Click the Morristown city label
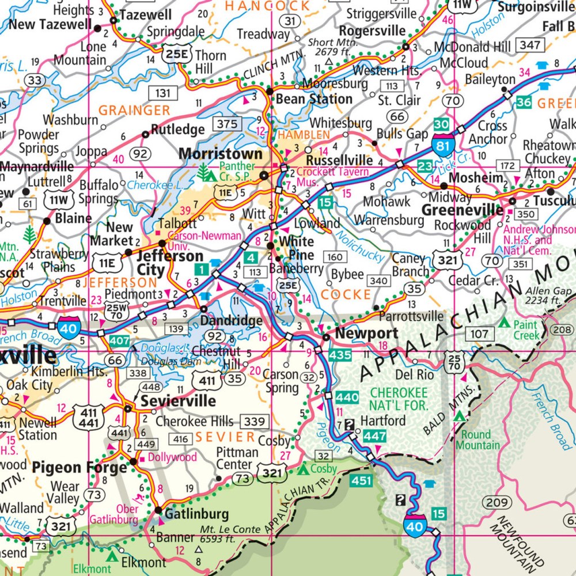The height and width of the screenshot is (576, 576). (x=221, y=154)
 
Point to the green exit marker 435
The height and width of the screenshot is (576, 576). (x=340, y=355)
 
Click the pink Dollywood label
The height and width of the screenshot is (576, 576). (x=172, y=457)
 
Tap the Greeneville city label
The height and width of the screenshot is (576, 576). (x=463, y=210)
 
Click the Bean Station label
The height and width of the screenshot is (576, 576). (x=314, y=99)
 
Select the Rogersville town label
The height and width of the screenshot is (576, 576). (x=372, y=31)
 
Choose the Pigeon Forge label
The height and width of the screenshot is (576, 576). (x=79, y=467)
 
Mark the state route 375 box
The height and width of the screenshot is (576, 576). (x=226, y=123)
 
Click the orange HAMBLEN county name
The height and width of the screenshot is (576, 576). (x=304, y=135)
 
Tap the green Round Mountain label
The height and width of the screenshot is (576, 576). (x=478, y=439)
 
